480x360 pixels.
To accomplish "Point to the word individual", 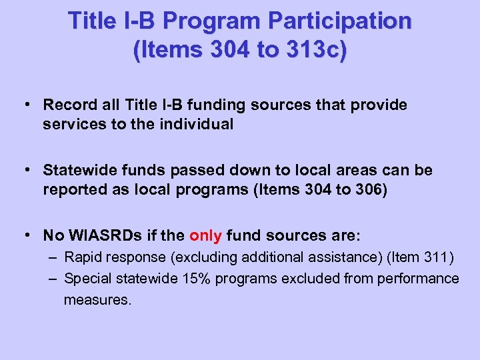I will [x=198, y=125].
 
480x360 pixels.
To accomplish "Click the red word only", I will [x=205, y=235].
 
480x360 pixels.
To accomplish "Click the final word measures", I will [x=97, y=300].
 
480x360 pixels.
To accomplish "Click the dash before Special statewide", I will [x=51, y=278].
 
